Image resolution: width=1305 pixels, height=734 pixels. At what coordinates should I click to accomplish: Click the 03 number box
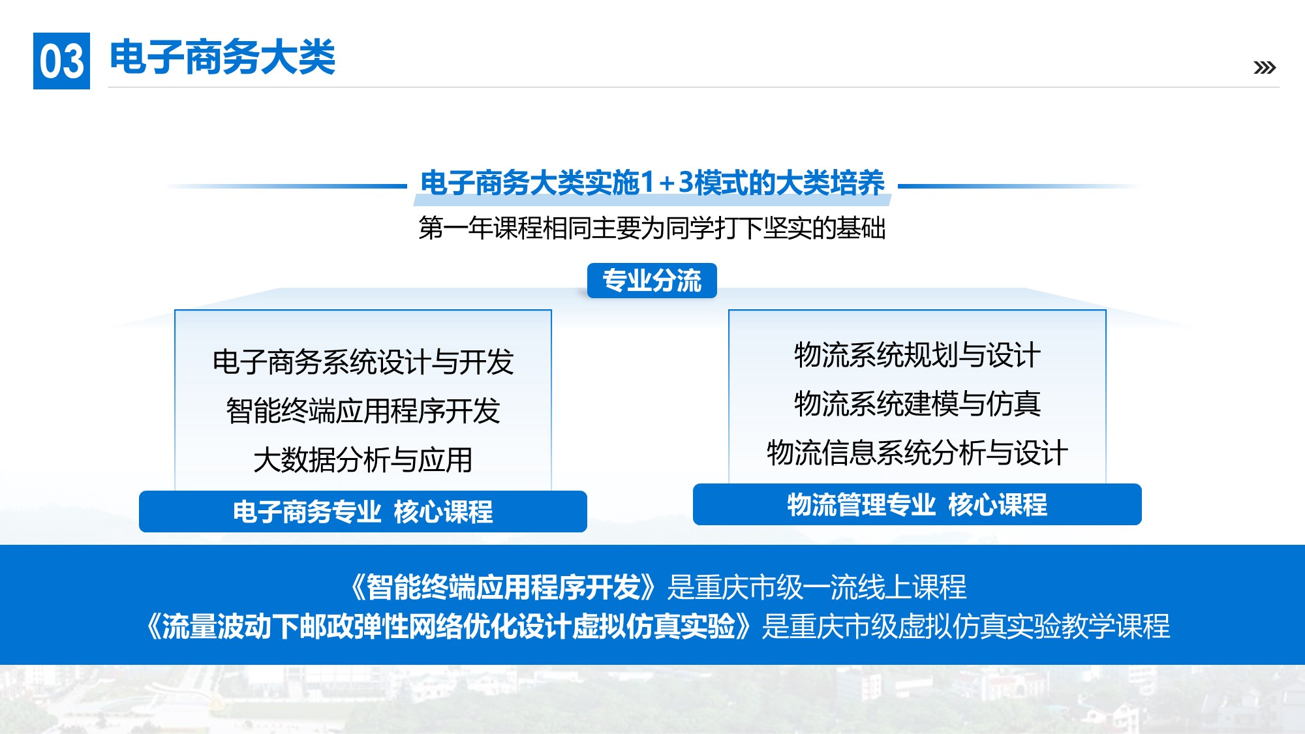coord(61,61)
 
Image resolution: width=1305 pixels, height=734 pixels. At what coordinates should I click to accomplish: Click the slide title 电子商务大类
coord(223,57)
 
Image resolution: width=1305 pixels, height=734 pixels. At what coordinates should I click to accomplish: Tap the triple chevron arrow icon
coord(1265,67)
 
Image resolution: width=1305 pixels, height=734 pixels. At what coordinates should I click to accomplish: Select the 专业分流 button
coord(652,281)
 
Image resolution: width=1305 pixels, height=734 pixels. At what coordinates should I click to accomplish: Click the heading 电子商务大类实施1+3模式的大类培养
coord(652,183)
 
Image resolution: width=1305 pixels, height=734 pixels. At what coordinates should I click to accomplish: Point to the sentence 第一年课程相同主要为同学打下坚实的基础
coord(652,228)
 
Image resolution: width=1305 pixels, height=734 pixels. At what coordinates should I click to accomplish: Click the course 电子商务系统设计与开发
coord(363,361)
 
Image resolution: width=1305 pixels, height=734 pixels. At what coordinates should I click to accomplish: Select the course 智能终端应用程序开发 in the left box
coord(363,411)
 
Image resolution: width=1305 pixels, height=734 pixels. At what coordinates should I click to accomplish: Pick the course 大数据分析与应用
coord(363,460)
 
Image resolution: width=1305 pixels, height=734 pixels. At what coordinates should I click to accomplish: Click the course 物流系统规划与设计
coord(917,355)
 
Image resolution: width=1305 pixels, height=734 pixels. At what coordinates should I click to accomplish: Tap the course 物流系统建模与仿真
coord(917,404)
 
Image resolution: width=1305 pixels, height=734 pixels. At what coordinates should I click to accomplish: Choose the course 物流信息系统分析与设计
coord(917,453)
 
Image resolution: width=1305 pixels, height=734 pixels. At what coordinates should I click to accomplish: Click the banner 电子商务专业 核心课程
coord(363,512)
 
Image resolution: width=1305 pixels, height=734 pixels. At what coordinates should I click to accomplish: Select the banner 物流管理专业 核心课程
coord(917,504)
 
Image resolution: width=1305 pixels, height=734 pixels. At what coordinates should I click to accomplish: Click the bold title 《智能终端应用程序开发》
coord(502,587)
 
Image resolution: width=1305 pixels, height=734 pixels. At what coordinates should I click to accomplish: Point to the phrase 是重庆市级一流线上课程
coord(817,587)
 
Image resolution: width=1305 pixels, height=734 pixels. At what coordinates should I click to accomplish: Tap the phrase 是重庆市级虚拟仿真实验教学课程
coord(966,626)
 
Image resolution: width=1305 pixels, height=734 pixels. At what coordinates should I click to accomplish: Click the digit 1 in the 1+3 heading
coord(647,183)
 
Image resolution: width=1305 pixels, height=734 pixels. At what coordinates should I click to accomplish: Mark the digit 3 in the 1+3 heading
coord(686,183)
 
